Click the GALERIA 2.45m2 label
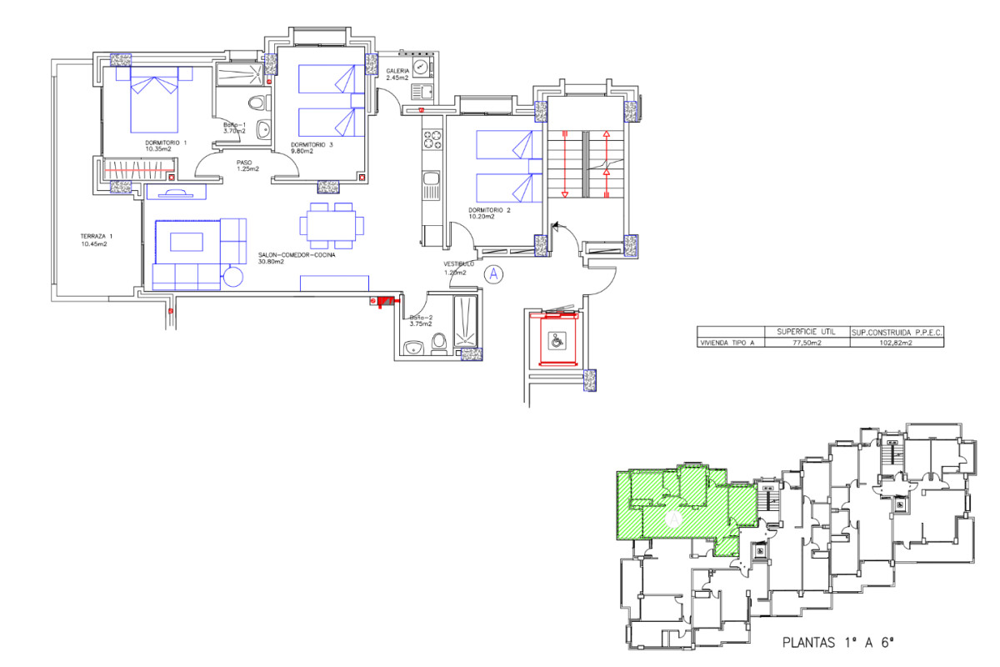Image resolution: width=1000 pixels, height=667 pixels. (x=397, y=75)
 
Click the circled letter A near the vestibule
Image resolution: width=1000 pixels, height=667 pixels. (x=494, y=273)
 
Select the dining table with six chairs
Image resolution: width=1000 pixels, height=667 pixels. (x=332, y=225)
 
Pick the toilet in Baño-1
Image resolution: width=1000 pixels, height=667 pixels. (x=258, y=103)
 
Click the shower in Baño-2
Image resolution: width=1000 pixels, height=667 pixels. (x=464, y=321)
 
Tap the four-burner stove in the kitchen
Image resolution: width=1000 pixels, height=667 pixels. (x=432, y=138)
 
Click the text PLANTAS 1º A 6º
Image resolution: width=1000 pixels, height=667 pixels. (x=837, y=643)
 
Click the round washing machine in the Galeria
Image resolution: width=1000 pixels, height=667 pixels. (x=422, y=67)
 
